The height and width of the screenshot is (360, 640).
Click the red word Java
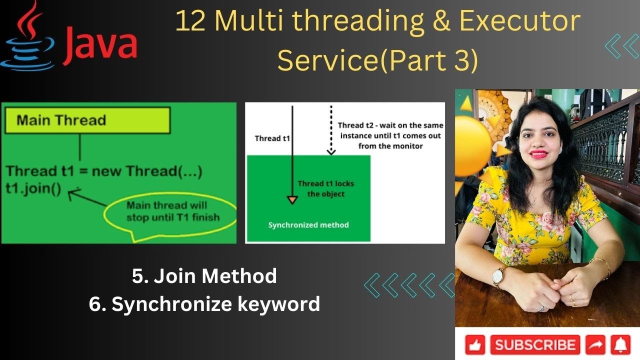coord(100,47)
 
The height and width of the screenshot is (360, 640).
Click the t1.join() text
coord(34,189)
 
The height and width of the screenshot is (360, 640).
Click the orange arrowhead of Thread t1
coord(292,200)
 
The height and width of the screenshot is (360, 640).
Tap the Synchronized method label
coord(308,225)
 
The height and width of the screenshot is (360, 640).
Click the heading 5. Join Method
coord(204,276)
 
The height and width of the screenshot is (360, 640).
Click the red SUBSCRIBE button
coord(535,345)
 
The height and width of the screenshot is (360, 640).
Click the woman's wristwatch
coord(498,276)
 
